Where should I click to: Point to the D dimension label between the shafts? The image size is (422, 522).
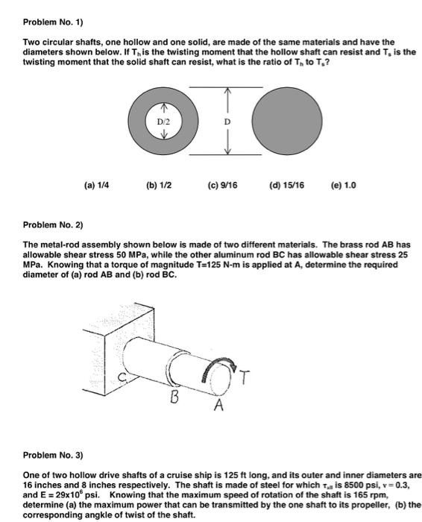228,121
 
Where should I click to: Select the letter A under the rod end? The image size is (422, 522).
218,408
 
